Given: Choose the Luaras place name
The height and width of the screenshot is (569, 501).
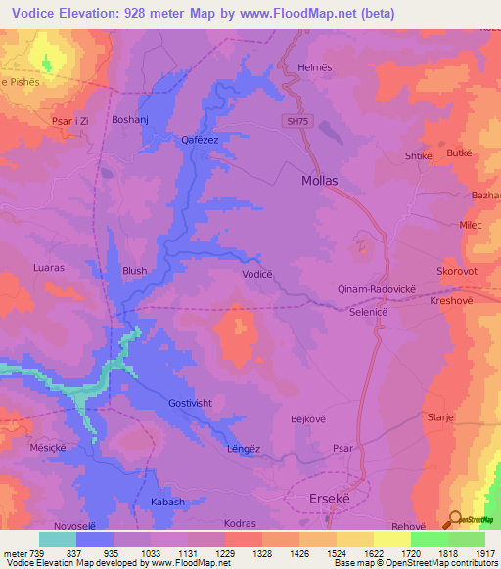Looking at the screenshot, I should pyautogui.click(x=48, y=266).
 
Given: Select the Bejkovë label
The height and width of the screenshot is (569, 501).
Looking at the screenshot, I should pyautogui.click(x=309, y=418).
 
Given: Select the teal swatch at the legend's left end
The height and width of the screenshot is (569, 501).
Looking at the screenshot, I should pyautogui.click(x=57, y=539).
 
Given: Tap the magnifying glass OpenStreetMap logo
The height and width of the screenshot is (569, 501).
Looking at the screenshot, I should pyautogui.click(x=454, y=518).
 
